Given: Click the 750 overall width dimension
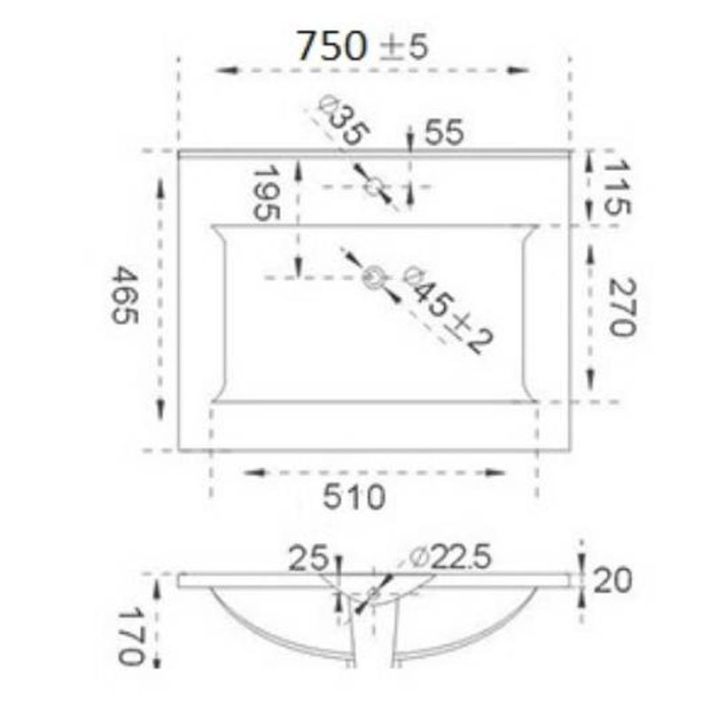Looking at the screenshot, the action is [x=331, y=46].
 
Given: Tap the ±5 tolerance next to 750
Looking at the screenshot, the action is [x=403, y=47].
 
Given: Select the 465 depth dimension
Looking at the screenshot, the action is [x=124, y=295].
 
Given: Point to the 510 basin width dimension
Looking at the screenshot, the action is [x=354, y=496].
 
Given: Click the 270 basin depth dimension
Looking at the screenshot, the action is [x=623, y=307].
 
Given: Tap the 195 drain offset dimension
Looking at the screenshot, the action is [x=266, y=193].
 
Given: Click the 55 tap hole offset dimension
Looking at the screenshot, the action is [x=445, y=132].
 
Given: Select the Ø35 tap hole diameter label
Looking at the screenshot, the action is [x=344, y=121].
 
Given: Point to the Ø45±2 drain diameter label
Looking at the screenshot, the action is [x=448, y=309].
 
